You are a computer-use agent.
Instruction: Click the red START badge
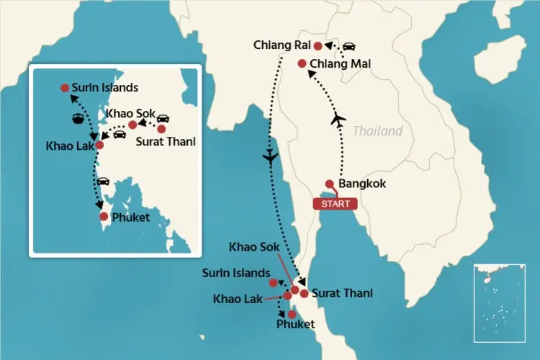335,204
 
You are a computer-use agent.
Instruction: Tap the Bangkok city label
363,184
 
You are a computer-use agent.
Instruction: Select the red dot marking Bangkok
330,184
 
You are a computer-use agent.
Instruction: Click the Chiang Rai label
282,45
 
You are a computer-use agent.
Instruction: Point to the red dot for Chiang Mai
302,63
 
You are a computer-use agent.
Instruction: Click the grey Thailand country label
377,132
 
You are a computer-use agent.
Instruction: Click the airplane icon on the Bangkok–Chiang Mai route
338,120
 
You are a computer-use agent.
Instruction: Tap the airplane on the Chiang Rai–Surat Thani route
271,158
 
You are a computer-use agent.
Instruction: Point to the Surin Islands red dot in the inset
65,88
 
